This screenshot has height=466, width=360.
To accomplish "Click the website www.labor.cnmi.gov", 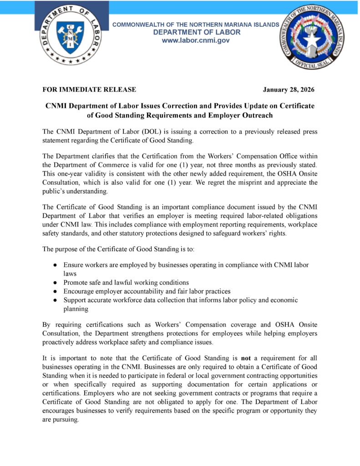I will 196,41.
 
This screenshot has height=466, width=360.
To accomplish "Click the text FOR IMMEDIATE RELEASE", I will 89,90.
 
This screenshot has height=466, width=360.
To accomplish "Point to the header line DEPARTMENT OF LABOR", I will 197,32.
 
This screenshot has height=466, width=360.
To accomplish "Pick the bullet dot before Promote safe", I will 55,283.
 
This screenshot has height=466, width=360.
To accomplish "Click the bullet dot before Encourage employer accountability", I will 55,291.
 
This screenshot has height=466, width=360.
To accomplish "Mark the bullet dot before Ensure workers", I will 55,265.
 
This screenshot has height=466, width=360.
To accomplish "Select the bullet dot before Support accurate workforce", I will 55,300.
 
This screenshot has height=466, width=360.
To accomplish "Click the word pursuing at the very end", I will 65,420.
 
